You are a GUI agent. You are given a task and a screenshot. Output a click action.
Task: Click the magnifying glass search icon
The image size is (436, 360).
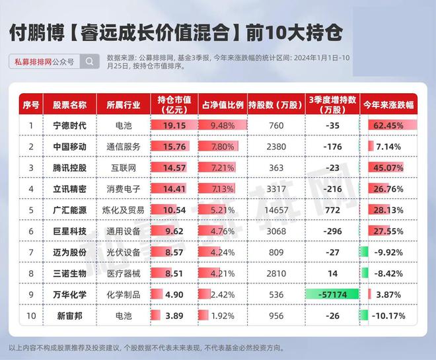click(x=90, y=61)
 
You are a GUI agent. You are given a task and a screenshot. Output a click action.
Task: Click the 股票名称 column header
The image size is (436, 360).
click(x=69, y=105)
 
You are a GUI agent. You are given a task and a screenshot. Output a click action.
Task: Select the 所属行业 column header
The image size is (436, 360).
click(x=124, y=105)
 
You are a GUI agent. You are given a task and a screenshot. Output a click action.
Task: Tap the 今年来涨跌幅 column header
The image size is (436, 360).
click(x=388, y=105)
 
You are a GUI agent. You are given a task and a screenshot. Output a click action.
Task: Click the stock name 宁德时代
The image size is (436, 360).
click(x=69, y=126)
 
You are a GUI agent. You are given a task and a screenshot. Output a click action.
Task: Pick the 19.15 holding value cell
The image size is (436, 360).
click(x=174, y=126)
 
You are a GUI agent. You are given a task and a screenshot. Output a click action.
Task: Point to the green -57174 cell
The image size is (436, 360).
click(x=332, y=295)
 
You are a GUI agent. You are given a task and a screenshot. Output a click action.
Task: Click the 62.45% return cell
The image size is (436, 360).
click(x=388, y=126)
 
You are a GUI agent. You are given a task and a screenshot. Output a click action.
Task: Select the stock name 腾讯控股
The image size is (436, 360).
click(x=69, y=168)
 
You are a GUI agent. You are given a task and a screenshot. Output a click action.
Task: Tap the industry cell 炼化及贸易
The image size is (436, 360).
click(x=124, y=210)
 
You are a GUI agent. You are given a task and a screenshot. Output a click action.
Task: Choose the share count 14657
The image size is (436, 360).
click(x=276, y=210)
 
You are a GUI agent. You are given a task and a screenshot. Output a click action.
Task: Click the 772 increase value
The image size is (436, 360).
click(x=332, y=210)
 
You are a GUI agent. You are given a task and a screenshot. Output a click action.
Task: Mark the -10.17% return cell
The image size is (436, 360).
click(x=388, y=316)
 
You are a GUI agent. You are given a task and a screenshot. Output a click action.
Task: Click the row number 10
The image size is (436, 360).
click(x=31, y=316)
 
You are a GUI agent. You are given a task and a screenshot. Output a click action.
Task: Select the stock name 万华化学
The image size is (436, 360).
click(x=69, y=295)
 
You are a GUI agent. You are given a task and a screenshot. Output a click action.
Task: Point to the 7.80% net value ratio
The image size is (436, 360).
click(x=223, y=147)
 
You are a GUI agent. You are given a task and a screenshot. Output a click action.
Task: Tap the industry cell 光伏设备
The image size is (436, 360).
click(x=124, y=252)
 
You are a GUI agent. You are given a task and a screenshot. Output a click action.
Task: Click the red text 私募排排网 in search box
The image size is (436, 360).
click(x=33, y=61)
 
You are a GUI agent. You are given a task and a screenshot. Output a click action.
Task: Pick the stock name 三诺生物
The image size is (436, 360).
click(x=69, y=273)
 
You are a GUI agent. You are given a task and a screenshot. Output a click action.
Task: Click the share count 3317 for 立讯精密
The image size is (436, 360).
click(x=276, y=189)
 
